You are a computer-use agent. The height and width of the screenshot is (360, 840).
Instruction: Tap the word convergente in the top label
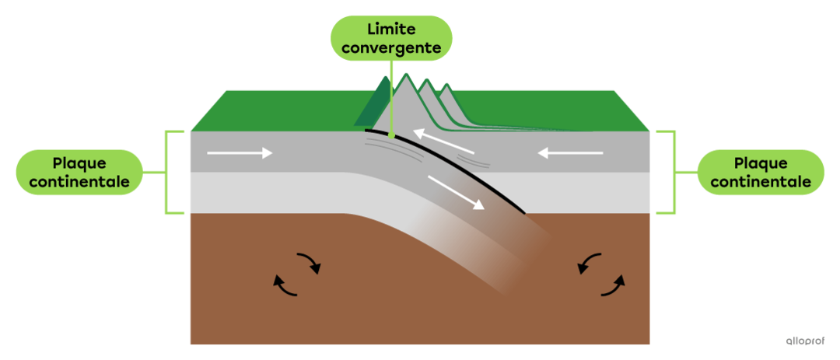click(392, 47)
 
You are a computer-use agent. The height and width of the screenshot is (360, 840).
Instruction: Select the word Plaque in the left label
click(80, 164)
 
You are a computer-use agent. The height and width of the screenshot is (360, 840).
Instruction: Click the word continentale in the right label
click(761, 182)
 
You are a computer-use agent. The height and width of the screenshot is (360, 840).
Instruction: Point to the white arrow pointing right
click(240, 154)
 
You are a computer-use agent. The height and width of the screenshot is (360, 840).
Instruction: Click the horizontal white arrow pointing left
click(571, 154)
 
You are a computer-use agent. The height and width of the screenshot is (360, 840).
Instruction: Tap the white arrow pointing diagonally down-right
click(457, 192)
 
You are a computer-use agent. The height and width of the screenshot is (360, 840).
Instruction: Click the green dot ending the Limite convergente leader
click(391, 136)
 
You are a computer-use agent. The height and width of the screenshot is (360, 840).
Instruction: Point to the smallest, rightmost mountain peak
click(445, 85)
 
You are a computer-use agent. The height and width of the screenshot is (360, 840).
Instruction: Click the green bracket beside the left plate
click(166, 173)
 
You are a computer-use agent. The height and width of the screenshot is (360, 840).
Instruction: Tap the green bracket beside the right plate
click(674, 173)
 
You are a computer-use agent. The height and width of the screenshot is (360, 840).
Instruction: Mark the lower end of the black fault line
click(525, 213)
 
